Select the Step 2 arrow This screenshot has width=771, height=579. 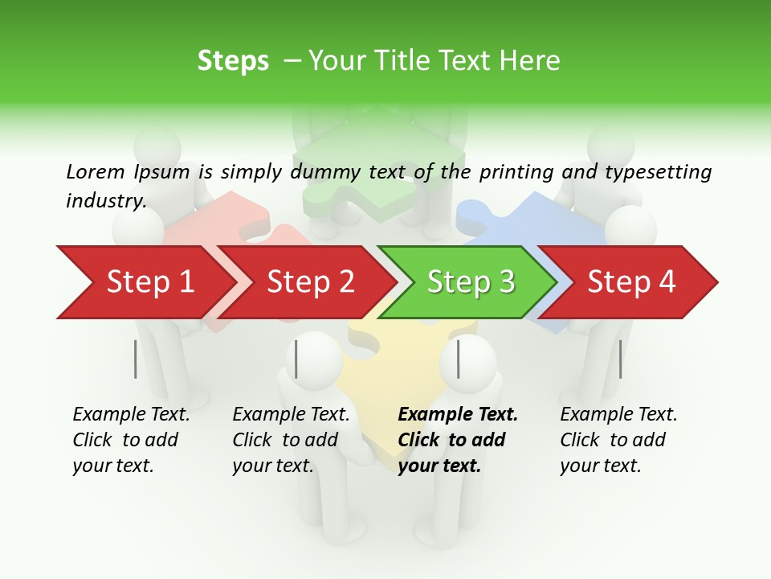coord(309,282)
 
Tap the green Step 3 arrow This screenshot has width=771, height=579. coord(470,282)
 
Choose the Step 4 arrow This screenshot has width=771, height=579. coord(631,282)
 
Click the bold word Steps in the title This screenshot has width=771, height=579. coord(233,61)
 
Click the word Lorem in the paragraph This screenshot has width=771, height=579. coord(95,171)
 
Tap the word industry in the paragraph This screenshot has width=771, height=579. coord(105,201)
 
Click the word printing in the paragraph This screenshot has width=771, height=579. coord(516,172)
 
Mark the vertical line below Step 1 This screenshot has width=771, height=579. coord(136,359)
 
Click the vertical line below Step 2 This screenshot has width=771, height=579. coord(297,359)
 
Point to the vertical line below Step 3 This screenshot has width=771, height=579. coord(459,359)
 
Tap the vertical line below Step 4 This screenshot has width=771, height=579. coord(620,359)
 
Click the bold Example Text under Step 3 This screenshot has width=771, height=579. coord(458,415)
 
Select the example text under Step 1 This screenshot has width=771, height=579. coord(131,440)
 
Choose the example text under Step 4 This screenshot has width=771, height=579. coord(618,440)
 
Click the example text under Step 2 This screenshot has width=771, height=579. coord(291,440)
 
